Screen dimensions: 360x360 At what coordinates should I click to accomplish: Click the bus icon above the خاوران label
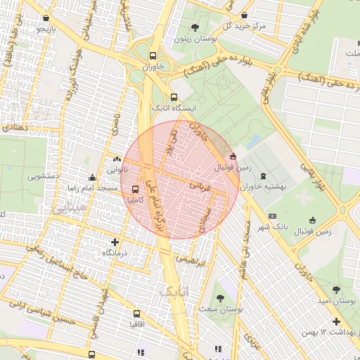(x=153, y=56)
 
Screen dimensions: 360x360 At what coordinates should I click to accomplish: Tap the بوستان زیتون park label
(x=194, y=41)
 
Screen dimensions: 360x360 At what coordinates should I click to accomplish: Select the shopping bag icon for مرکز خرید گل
(x=244, y=15)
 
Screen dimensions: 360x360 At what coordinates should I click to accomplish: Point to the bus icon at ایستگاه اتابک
(x=174, y=98)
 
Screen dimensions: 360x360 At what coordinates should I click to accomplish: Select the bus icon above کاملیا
(x=135, y=188)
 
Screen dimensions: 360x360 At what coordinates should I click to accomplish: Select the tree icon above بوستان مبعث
(x=221, y=298)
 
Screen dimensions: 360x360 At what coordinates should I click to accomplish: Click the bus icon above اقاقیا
(x=137, y=314)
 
